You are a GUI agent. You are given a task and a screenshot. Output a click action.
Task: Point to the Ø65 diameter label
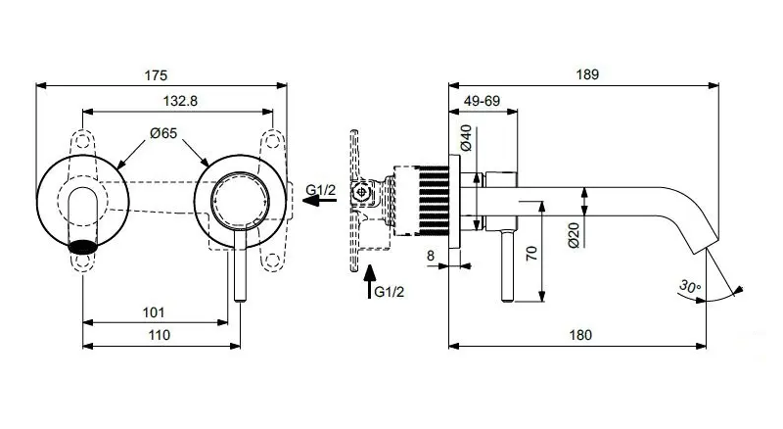(x=163, y=136)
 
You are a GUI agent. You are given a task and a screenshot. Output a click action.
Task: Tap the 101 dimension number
(x=153, y=312)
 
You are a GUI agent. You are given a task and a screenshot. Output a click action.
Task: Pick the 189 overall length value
(x=586, y=74)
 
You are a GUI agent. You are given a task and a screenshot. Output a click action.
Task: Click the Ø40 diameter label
(x=466, y=138)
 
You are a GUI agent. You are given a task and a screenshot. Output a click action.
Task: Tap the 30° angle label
(x=689, y=287)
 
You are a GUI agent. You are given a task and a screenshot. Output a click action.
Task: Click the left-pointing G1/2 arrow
(x=318, y=200)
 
